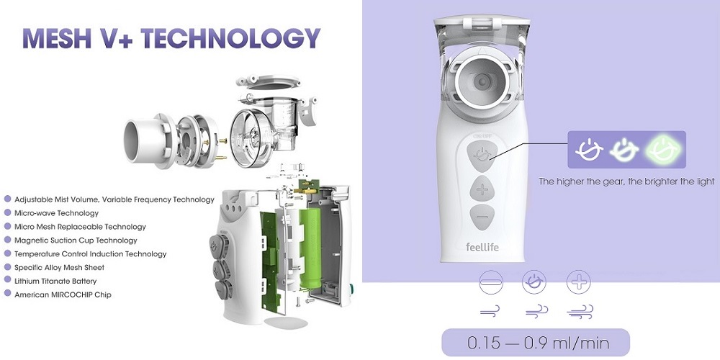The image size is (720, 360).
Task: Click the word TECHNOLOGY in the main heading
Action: point(230,38)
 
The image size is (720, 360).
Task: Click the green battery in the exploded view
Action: point(311,248)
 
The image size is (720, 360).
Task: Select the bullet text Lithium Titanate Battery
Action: point(55,281)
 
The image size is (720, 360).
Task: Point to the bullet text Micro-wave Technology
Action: point(56,213)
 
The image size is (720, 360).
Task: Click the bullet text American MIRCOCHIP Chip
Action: point(63,294)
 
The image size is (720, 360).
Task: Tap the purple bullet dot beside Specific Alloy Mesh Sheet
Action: point(7,267)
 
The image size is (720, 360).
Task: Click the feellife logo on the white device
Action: point(482,248)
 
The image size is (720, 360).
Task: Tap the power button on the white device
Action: point(482,156)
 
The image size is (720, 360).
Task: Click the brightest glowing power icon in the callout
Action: point(664,149)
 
